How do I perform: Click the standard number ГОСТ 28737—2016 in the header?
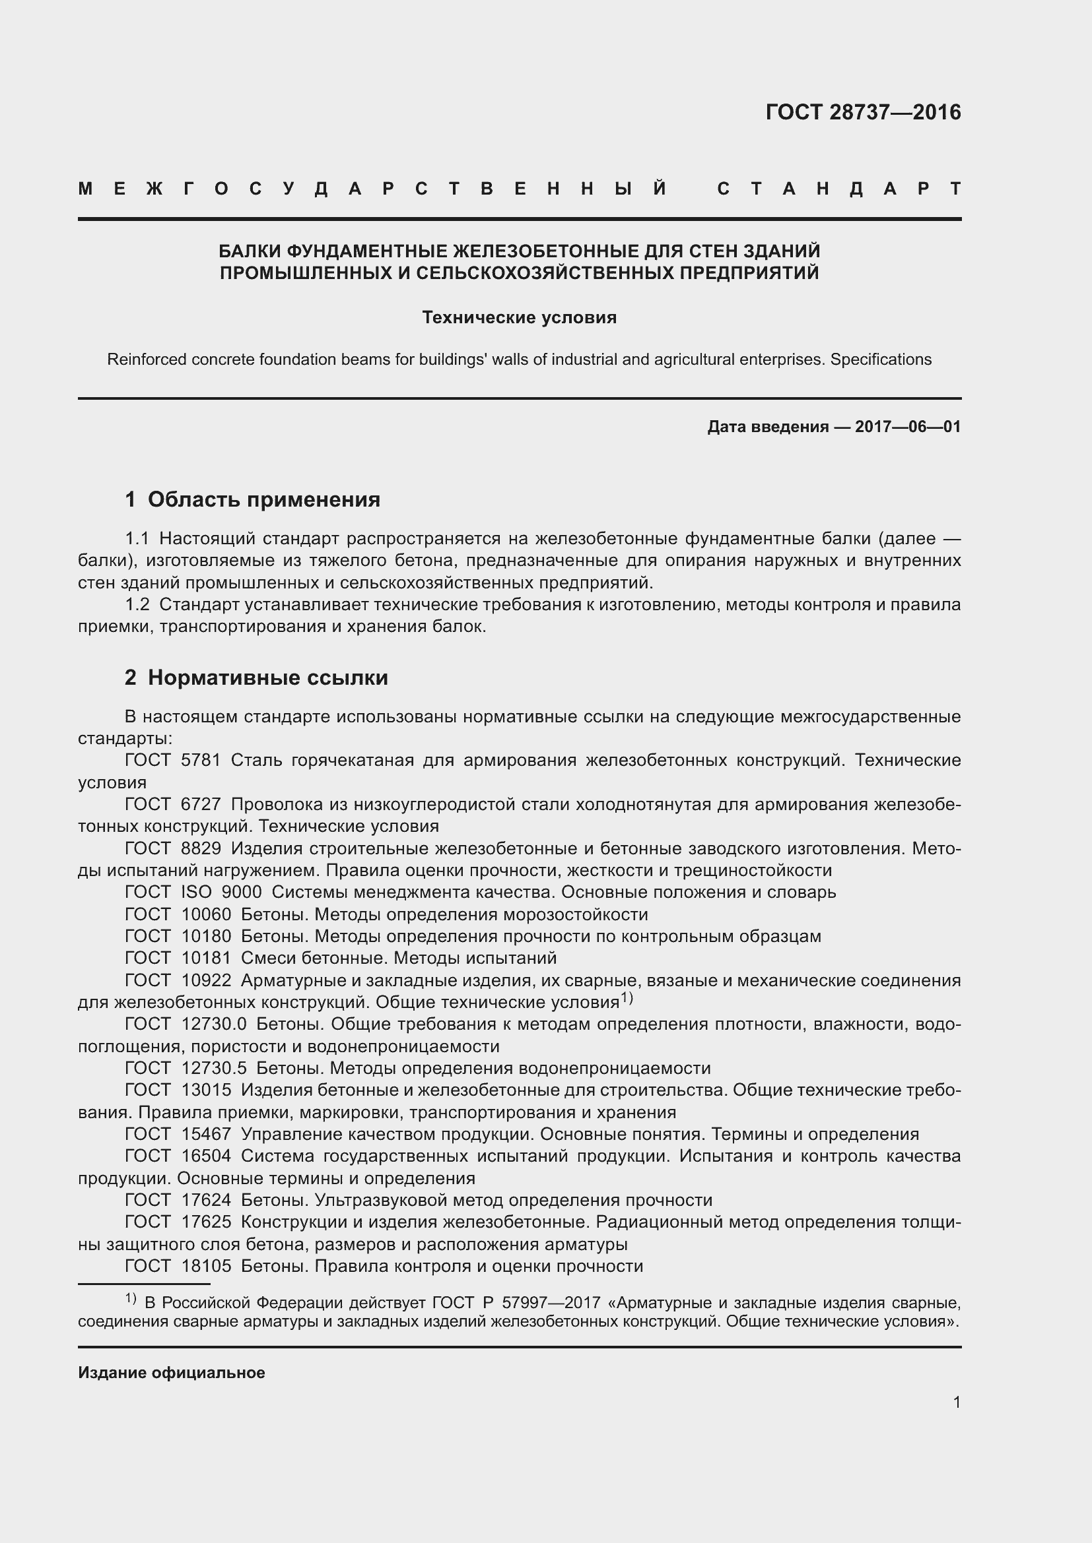coord(863,112)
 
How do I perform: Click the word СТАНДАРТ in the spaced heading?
coord(838,189)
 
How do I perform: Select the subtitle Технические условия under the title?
coord(519,317)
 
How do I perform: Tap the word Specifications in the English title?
coord(880,360)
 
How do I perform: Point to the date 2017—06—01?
coord(907,427)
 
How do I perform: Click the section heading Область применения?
coord(263,499)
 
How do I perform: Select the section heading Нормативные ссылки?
coord(267,677)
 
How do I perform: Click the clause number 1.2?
coord(138,605)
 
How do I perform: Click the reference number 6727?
coord(206,804)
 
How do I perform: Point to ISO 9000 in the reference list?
coord(221,893)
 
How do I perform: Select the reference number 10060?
coord(206,914)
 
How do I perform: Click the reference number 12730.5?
coord(214,1069)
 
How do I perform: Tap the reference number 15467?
coord(206,1135)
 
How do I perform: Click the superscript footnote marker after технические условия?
coord(627,998)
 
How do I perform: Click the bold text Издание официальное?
coord(172,1373)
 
